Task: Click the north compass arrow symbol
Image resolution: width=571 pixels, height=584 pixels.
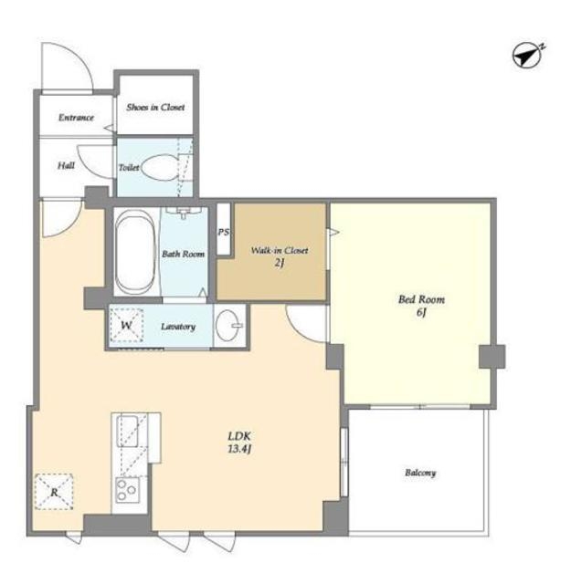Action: point(527,56)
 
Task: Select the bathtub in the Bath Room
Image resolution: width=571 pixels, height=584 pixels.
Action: point(134,252)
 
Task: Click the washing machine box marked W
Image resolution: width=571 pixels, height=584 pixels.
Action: point(127,326)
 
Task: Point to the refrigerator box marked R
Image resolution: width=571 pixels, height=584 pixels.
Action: point(54,492)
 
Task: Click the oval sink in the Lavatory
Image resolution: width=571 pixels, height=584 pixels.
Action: point(227,326)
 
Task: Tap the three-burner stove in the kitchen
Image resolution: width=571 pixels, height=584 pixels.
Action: point(127,490)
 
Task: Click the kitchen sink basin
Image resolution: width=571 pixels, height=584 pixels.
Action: point(128,431)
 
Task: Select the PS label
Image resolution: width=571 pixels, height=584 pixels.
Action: point(223,232)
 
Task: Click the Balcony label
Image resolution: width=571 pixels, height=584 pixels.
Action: point(420,473)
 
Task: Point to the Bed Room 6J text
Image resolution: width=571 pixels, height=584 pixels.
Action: point(421,306)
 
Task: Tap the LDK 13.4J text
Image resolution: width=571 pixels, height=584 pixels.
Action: point(239,442)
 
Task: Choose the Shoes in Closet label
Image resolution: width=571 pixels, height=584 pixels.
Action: point(155,108)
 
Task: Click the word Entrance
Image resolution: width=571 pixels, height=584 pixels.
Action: point(76,118)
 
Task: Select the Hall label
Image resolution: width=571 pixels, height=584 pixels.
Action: point(66,165)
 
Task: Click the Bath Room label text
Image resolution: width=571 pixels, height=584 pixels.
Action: point(183,254)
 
